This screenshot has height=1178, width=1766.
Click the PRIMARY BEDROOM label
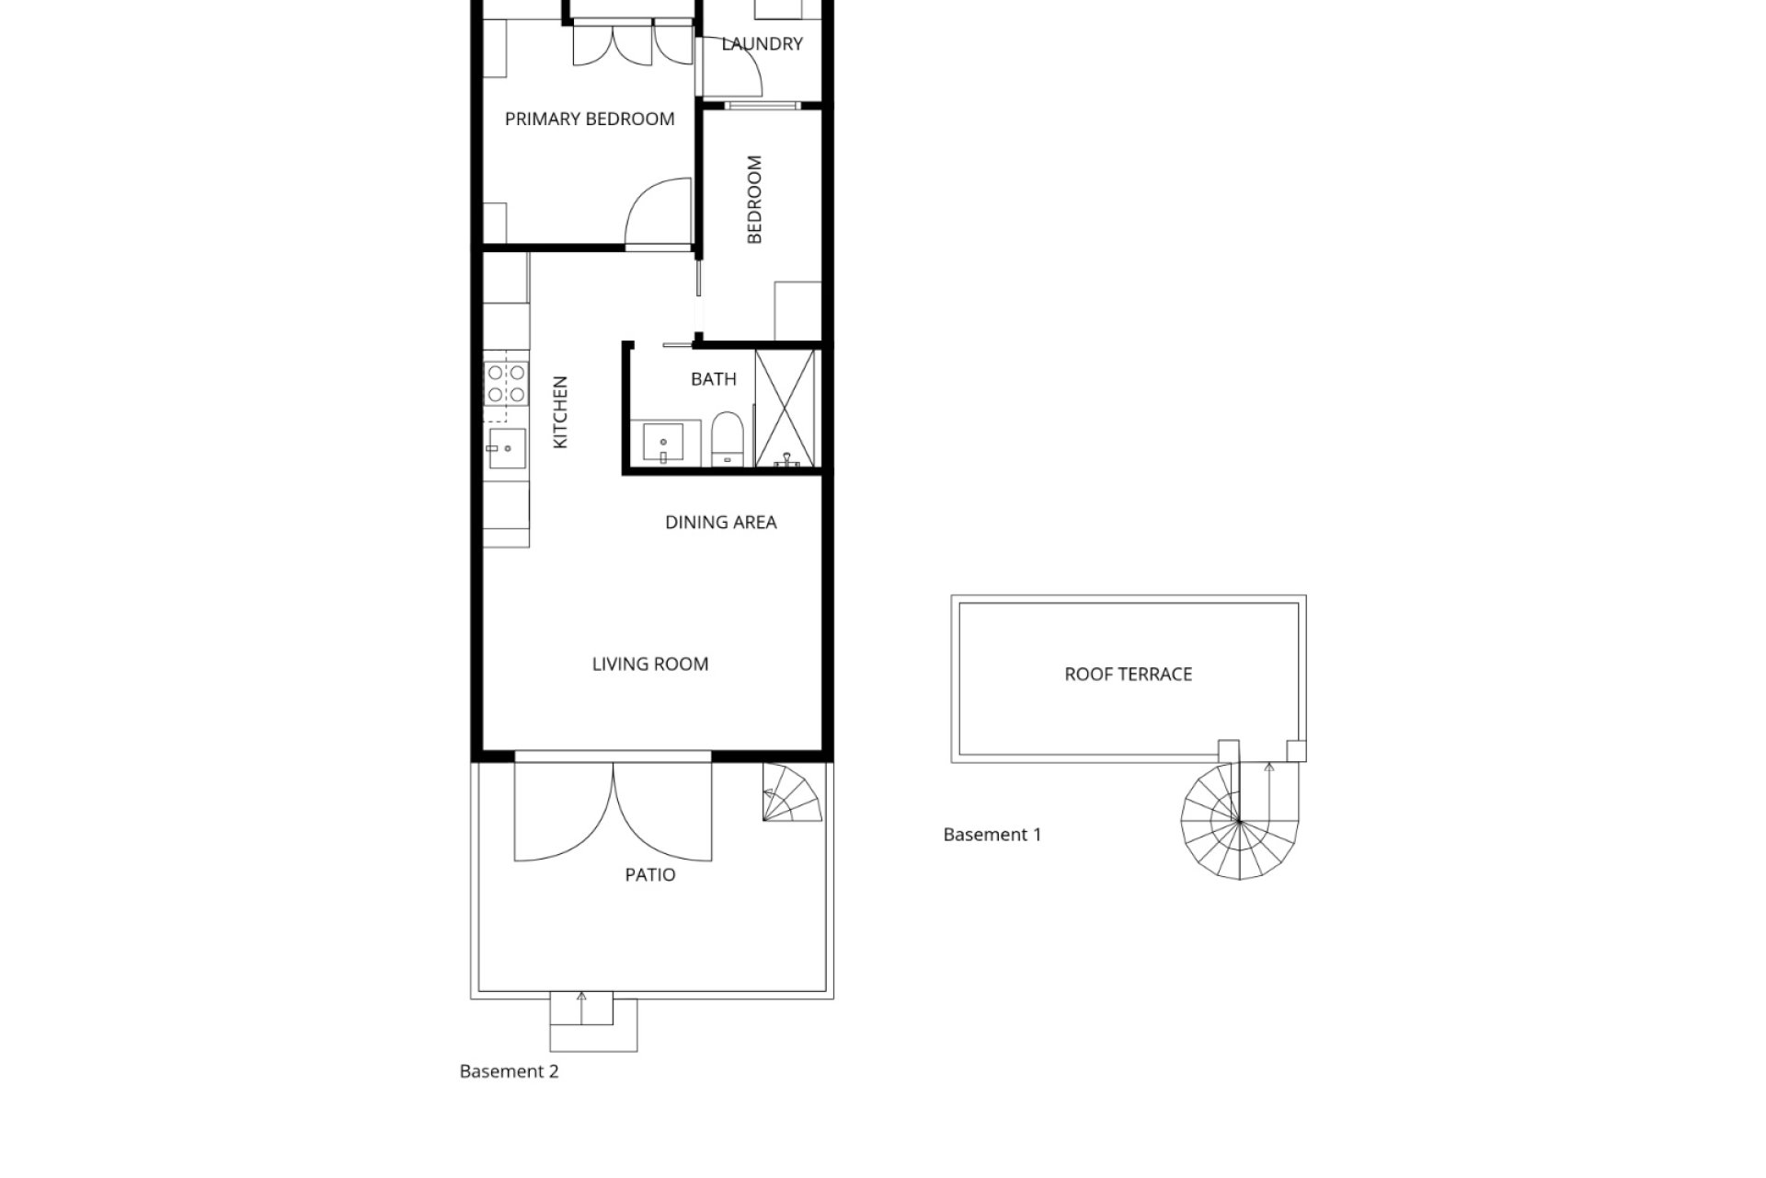click(590, 119)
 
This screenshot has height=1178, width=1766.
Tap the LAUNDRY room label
click(762, 43)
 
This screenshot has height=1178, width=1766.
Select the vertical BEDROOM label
click(754, 200)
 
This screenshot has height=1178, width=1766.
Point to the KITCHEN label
click(560, 412)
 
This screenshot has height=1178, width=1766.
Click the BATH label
click(714, 379)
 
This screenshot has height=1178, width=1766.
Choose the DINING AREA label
click(721, 523)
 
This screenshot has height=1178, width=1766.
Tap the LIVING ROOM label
click(650, 664)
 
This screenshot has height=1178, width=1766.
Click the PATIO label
click(650, 875)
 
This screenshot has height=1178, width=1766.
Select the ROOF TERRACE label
click(1129, 675)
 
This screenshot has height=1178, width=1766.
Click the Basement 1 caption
click(992, 835)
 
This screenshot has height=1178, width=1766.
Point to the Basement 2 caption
click(509, 1071)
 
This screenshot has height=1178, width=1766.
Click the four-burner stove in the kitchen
click(506, 384)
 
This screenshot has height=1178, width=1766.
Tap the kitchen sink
click(506, 448)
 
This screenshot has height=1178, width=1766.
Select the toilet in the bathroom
click(727, 439)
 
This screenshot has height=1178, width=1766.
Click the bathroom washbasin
click(662, 445)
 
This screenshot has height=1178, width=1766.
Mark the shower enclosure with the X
click(786, 408)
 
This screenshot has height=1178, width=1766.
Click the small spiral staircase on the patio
click(791, 792)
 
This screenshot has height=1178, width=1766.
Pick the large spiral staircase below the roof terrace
click(1240, 819)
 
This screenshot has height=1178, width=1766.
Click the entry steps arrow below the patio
click(581, 1008)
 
